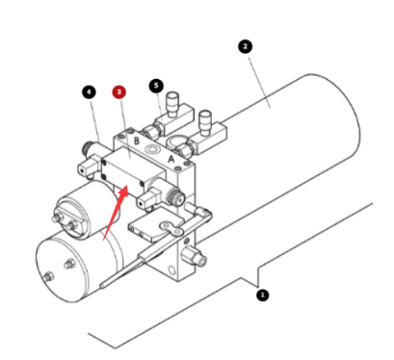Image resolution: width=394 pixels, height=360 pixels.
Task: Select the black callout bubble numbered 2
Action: click(245, 45)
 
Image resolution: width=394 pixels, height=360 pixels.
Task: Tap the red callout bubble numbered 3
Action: click(118, 91)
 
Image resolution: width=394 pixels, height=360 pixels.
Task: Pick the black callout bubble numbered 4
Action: click(90, 92)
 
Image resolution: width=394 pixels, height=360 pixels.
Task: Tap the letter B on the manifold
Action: click(138, 141)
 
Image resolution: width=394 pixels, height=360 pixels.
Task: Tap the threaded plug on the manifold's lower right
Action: click(198, 257)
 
